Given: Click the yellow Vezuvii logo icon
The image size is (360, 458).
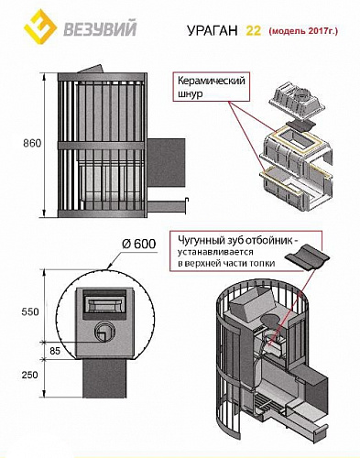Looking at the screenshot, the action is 40,27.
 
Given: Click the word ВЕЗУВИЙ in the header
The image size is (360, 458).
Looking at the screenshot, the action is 100,29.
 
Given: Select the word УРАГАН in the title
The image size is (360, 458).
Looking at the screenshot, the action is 212,30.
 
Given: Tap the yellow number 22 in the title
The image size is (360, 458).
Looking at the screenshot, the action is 254,30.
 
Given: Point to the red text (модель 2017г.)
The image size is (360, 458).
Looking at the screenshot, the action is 303,31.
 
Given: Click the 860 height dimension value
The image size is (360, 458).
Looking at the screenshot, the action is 32,143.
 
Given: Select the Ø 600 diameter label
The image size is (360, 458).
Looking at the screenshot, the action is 138,244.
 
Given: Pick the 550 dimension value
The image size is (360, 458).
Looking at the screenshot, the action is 30,311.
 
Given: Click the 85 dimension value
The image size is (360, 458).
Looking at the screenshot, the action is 55,351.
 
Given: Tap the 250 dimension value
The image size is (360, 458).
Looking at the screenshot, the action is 30,375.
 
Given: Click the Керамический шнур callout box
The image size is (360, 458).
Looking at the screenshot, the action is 212,86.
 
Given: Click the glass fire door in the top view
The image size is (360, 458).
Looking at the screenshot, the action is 104,304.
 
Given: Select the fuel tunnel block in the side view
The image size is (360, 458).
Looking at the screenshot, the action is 166,162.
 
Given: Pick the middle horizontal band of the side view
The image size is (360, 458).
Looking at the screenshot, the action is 101,145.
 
